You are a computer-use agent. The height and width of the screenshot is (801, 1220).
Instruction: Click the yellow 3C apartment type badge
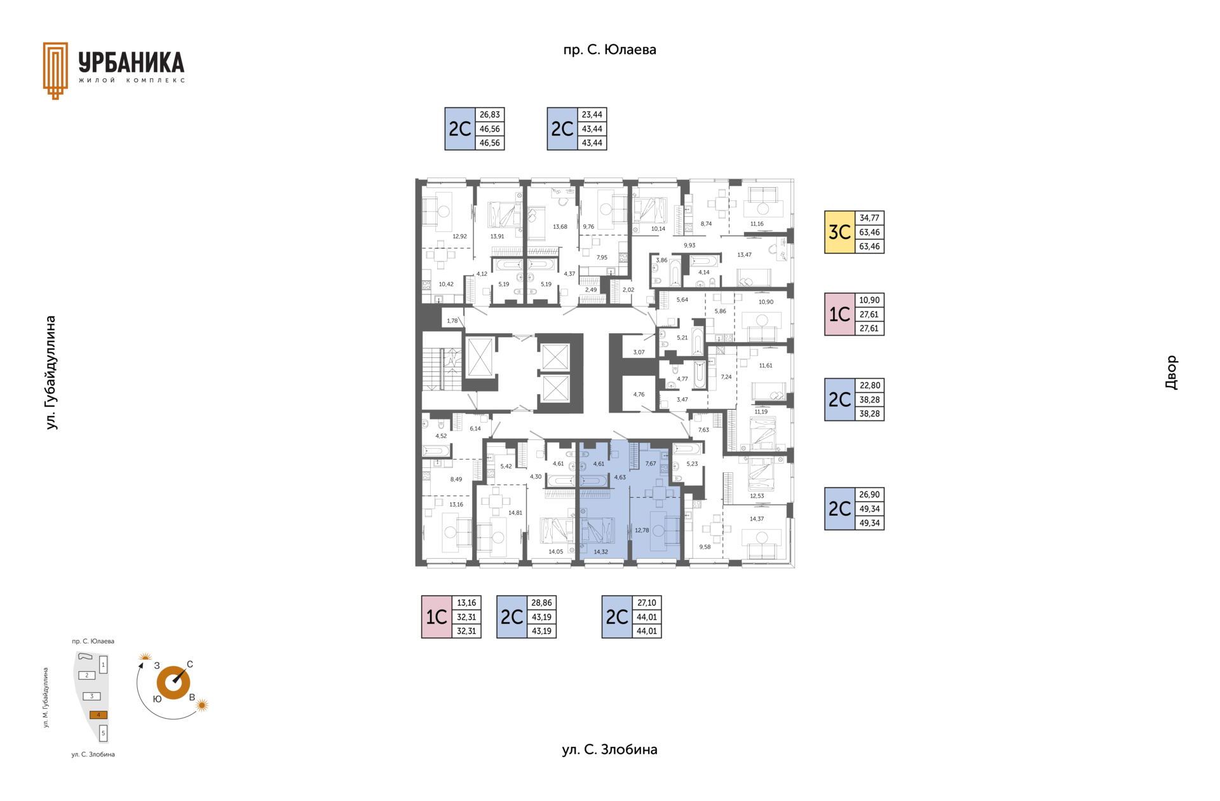839,232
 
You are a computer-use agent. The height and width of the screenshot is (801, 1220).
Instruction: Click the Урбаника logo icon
55,71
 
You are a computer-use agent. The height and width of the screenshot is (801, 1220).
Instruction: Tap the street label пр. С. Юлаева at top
609,50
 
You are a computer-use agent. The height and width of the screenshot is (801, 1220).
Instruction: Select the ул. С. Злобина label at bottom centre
609,750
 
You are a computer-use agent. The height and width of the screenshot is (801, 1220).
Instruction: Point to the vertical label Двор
1171,373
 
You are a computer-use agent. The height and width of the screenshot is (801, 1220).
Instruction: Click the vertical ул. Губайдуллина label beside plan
51,373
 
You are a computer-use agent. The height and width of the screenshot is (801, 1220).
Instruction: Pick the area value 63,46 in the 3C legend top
869,232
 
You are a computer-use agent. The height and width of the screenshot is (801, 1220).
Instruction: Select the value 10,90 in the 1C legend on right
869,300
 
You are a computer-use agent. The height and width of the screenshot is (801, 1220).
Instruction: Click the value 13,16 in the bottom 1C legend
466,603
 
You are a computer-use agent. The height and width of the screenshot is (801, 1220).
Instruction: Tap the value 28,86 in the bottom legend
541,603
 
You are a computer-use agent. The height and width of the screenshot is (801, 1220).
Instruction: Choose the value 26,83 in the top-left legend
489,114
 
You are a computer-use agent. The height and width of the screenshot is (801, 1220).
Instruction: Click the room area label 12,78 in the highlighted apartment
642,530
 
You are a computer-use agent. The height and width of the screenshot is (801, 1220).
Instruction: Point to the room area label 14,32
600,552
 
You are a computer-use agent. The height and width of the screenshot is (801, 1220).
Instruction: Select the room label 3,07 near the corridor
639,352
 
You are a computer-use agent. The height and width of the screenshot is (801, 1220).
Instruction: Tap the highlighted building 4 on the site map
98,715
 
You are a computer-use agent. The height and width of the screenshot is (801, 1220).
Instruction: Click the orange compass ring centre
173,683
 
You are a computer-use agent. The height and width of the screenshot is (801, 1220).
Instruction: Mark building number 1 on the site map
103,665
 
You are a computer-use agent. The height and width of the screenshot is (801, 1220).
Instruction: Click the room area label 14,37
756,519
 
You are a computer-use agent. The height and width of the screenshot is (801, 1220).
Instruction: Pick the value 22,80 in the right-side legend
869,385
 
